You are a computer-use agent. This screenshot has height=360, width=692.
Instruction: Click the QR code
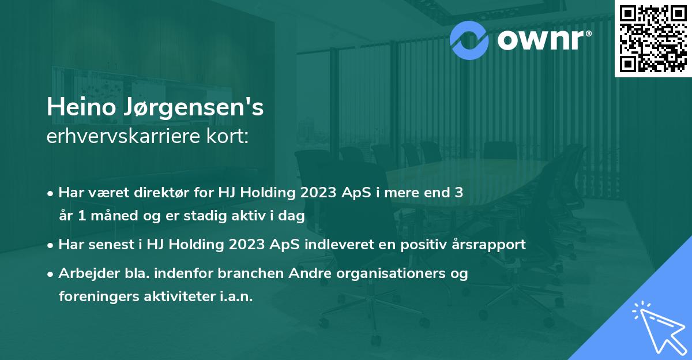[x=653, y=38]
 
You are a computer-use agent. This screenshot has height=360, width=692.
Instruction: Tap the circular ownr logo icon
[x=469, y=39]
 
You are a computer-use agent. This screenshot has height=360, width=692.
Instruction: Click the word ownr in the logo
[x=543, y=39]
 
